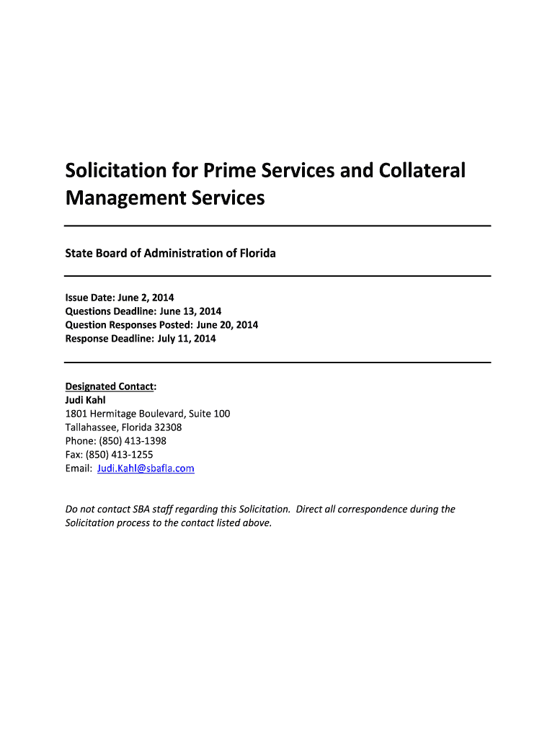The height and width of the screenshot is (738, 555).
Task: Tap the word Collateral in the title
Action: coord(426,171)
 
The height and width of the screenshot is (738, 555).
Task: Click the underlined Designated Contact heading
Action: coord(110,386)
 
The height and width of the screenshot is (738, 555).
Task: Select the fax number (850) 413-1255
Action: coord(119,455)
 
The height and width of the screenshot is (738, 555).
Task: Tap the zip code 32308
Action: coord(167,427)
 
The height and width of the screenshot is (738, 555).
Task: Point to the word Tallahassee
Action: coord(92,427)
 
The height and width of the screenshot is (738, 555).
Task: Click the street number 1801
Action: coord(76,414)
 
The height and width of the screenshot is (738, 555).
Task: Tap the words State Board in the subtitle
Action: coord(92,253)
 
